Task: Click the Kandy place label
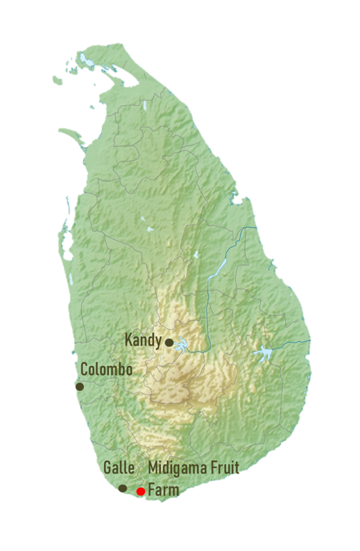(144, 340)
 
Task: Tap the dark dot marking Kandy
(169, 342)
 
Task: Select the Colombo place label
(106, 369)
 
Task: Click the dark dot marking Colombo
(80, 386)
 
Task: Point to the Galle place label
(119, 468)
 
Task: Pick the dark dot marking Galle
(123, 488)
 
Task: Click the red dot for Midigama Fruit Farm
(141, 491)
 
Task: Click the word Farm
(163, 491)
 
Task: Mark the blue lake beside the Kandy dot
(182, 343)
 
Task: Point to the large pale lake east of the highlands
(264, 353)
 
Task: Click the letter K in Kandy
(128, 340)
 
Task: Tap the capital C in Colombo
(85, 369)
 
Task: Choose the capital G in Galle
(107, 468)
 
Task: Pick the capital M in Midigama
(153, 469)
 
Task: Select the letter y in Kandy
(160, 342)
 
